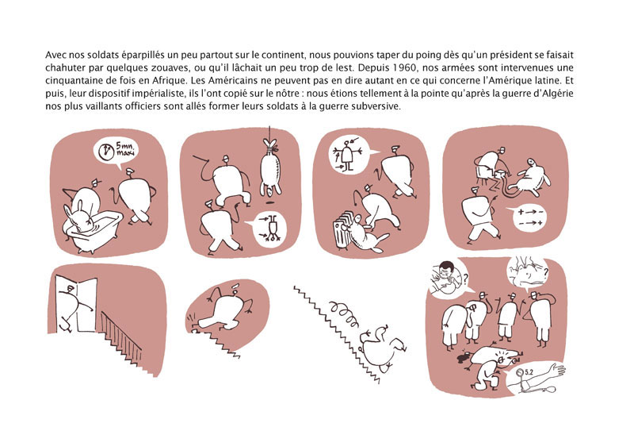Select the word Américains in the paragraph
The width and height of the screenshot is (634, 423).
[x=226, y=80]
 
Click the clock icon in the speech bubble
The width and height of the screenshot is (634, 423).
[x=106, y=151]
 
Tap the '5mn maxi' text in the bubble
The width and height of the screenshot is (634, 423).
[x=127, y=149]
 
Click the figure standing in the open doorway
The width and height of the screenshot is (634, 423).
[x=73, y=307]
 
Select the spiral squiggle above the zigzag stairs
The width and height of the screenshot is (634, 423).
[x=344, y=313]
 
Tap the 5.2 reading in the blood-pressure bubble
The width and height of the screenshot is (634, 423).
[x=529, y=371]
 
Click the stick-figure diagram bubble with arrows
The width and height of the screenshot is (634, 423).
[x=348, y=155]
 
